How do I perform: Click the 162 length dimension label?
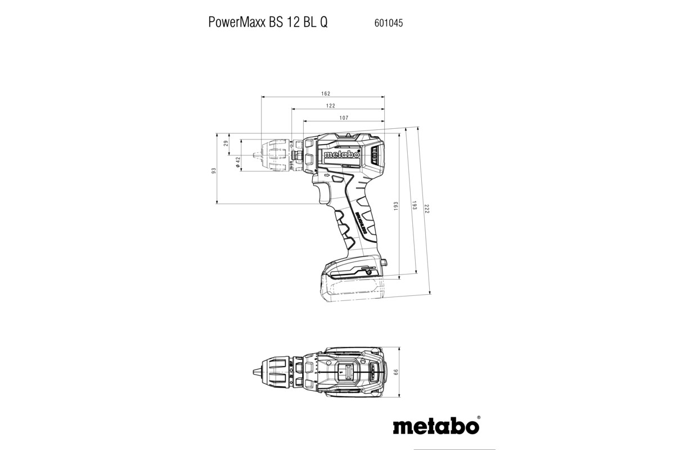pyautogui.click(x=326, y=93)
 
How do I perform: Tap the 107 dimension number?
pyautogui.click(x=344, y=118)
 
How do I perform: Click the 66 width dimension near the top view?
pyautogui.click(x=395, y=372)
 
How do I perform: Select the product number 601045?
pyautogui.click(x=388, y=24)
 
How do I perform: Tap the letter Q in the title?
pyautogui.click(x=324, y=24)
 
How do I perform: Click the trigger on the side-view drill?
pyautogui.click(x=322, y=194)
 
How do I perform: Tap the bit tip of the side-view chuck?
pyautogui.click(x=256, y=152)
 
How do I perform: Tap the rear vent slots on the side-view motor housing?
pyautogui.click(x=375, y=155)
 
